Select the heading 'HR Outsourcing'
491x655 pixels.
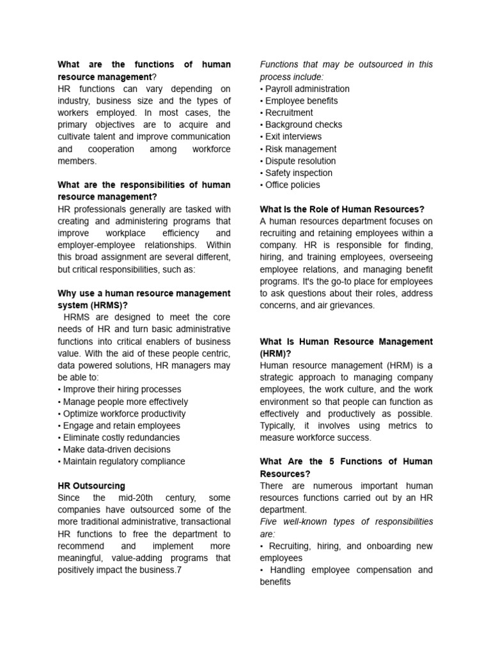point(91,485)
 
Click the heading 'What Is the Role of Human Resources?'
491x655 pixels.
point(342,209)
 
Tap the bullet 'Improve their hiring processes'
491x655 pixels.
point(121,390)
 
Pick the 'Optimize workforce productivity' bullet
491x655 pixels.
point(124,414)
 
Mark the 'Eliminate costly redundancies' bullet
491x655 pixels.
point(121,438)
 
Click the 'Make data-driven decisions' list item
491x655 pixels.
point(116,450)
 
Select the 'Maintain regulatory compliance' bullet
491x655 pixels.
point(123,461)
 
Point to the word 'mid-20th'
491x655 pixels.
point(137,498)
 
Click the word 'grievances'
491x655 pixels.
point(351,305)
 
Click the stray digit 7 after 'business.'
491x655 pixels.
point(180,570)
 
